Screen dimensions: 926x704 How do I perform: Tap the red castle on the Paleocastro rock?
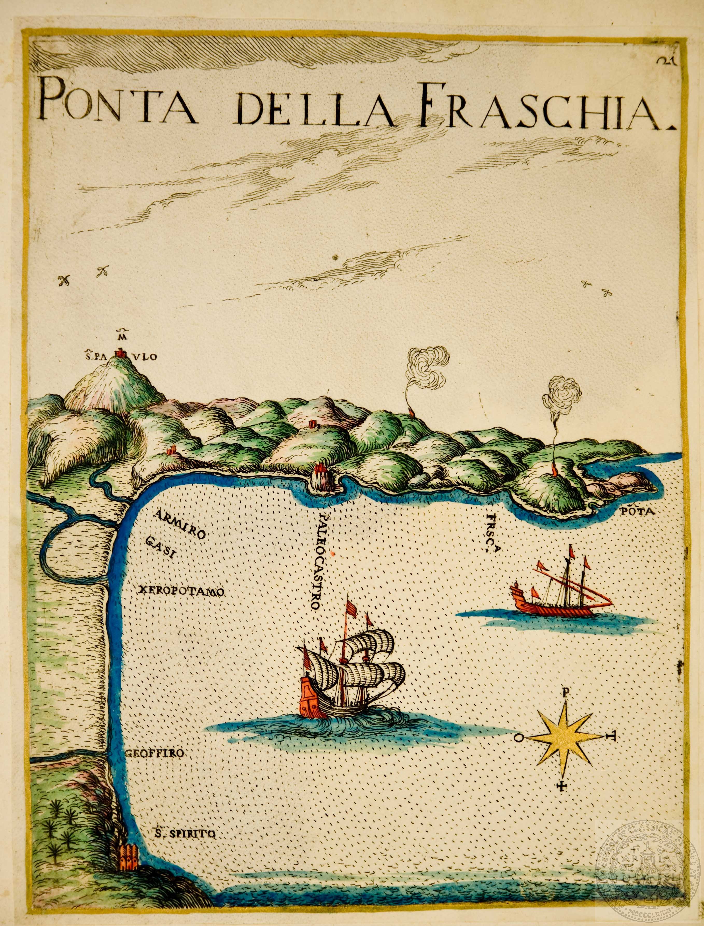(x=320, y=468)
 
